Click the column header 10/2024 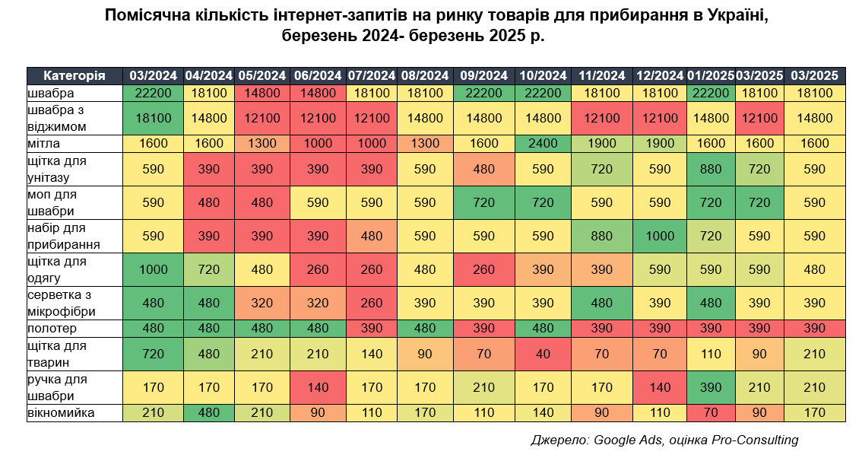[x=543, y=75]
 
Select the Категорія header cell [x=74, y=75]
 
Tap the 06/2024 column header [x=318, y=75]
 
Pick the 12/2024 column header [x=660, y=75]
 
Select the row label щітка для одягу [x=56, y=269]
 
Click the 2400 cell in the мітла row [x=543, y=144]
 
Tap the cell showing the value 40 [x=543, y=354]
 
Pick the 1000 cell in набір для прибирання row [x=660, y=236]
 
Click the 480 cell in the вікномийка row [x=208, y=413]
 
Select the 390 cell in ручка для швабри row [x=711, y=387]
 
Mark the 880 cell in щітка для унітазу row [x=711, y=169]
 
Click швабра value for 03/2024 [x=154, y=93]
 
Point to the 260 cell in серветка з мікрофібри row [x=372, y=303]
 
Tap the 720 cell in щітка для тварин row [x=154, y=354]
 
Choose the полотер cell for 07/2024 [x=372, y=329]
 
